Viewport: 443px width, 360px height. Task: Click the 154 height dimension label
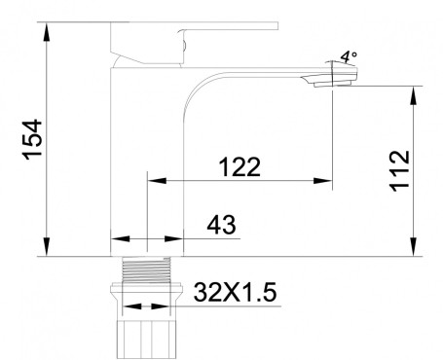pos(33,139)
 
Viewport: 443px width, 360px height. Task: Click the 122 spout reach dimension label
pos(240,167)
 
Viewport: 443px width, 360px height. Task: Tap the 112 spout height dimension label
pos(399,171)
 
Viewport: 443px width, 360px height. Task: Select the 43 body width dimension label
pos(221,225)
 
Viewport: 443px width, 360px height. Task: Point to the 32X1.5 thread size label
pos(235,292)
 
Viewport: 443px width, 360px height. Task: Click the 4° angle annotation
pos(349,57)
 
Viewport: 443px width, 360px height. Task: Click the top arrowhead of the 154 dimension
pos(47,31)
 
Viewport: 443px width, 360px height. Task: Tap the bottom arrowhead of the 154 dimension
pos(47,247)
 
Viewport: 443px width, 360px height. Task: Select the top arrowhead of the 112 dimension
pos(413,95)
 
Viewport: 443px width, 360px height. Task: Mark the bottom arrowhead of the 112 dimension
pos(413,247)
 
